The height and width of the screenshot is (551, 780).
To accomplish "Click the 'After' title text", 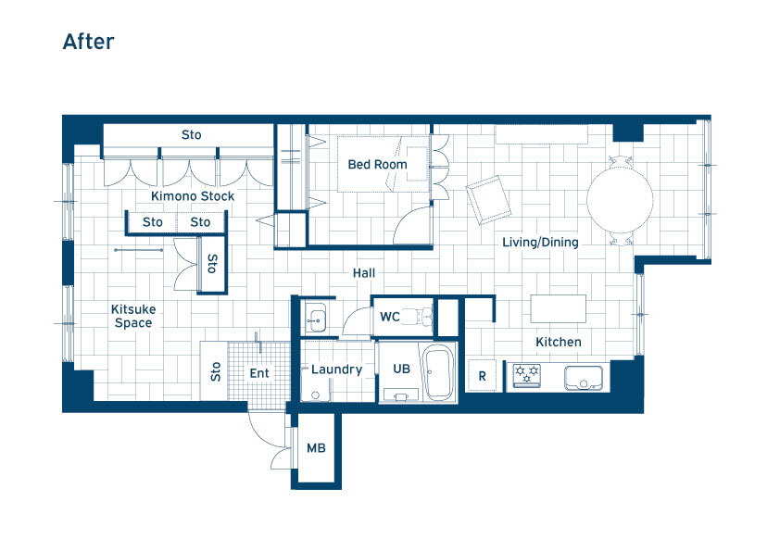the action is tap(88, 42).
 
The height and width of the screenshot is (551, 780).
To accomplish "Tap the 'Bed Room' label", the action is tap(377, 165).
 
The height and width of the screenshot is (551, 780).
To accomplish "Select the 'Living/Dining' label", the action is tap(540, 243).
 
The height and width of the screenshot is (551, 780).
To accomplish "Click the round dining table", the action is tap(620, 200).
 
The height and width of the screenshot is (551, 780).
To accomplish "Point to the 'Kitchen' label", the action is tap(559, 342).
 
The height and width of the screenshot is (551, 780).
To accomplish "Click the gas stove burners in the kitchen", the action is tap(527, 375).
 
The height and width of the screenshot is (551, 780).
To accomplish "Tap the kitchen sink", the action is tap(584, 378).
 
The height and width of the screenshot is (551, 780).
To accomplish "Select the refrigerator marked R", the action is tap(482, 375).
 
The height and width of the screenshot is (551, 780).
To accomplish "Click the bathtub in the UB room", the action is tap(438, 373).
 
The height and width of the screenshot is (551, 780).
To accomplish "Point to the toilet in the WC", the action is tap(417, 316).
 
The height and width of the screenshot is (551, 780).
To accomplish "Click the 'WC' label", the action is tap(389, 317).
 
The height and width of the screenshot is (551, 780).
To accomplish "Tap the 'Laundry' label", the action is tap(337, 369).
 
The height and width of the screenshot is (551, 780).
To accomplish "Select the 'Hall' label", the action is tap(364, 273).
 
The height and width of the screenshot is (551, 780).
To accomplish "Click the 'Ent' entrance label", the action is tap(259, 373).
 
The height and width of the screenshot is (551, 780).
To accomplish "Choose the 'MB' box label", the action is tap(316, 448).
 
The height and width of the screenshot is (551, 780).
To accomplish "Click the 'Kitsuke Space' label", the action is tap(133, 317).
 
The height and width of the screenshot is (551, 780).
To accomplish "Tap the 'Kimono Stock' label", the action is tap(193, 196).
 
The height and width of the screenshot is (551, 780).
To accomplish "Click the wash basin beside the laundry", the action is tap(315, 318).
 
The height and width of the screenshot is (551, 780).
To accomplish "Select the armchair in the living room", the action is tap(488, 200).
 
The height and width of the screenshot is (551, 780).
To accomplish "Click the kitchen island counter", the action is tap(559, 308).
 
